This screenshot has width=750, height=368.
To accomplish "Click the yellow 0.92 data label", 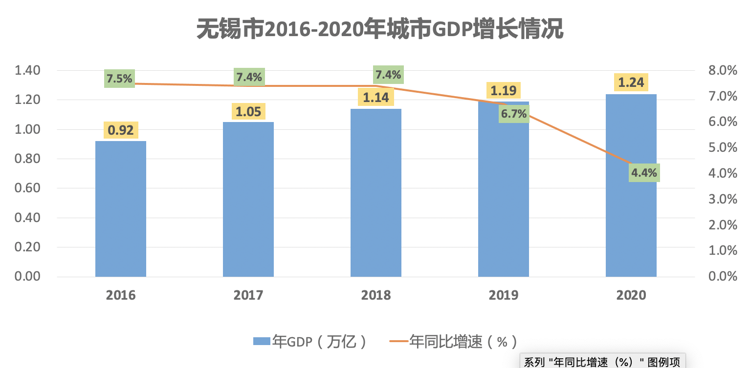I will click(121, 130).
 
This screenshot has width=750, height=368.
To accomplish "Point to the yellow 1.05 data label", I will click(248, 112).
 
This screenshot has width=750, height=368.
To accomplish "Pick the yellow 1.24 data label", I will click(631, 82).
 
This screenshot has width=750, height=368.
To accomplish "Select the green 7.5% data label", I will click(119, 79).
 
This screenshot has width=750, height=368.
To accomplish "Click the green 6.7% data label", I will click(514, 114).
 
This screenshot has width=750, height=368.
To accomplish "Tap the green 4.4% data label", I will click(644, 173).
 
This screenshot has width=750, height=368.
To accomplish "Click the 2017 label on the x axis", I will click(248, 295).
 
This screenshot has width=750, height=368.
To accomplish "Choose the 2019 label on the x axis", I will click(504, 295).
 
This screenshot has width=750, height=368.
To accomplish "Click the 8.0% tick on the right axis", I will click(722, 71).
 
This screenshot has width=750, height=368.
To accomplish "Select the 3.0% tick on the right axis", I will click(722, 199).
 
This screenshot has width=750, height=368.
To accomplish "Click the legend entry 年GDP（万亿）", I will click(310, 341).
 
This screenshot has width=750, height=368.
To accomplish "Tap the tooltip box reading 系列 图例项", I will click(602, 362).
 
